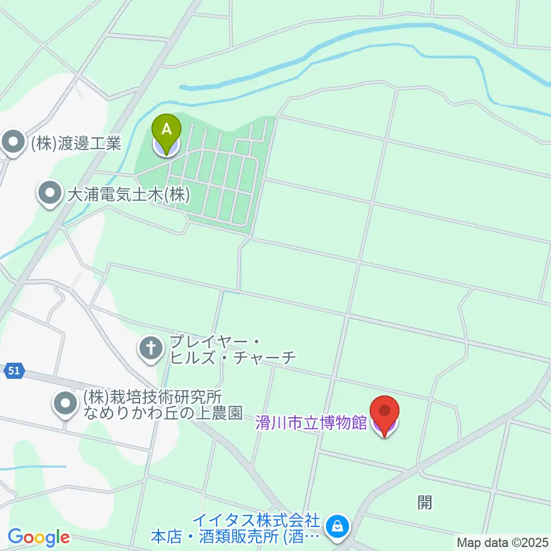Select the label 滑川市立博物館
(x=311, y=424)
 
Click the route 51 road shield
(x=14, y=371)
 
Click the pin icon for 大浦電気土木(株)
(x=51, y=195)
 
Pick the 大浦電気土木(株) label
(x=128, y=195)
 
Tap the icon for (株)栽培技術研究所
(x=65, y=404)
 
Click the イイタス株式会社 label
(x=255, y=521)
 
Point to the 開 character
(x=424, y=503)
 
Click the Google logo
(x=38, y=538)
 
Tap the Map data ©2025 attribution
(x=503, y=542)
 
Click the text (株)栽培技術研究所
(x=152, y=397)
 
